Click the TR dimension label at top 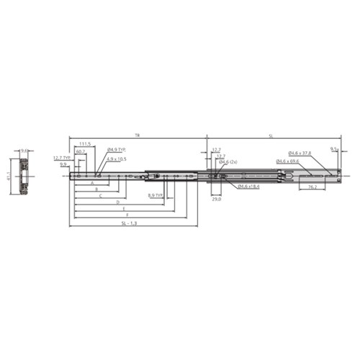(137, 135)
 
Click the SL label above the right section (271, 135)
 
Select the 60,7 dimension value (80, 152)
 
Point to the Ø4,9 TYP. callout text (117, 149)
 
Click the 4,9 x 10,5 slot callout (117, 158)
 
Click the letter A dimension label (92, 184)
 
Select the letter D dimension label (117, 203)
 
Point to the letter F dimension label (127, 215)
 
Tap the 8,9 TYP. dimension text (156, 194)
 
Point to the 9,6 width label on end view (24, 150)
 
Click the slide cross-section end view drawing (24, 176)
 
